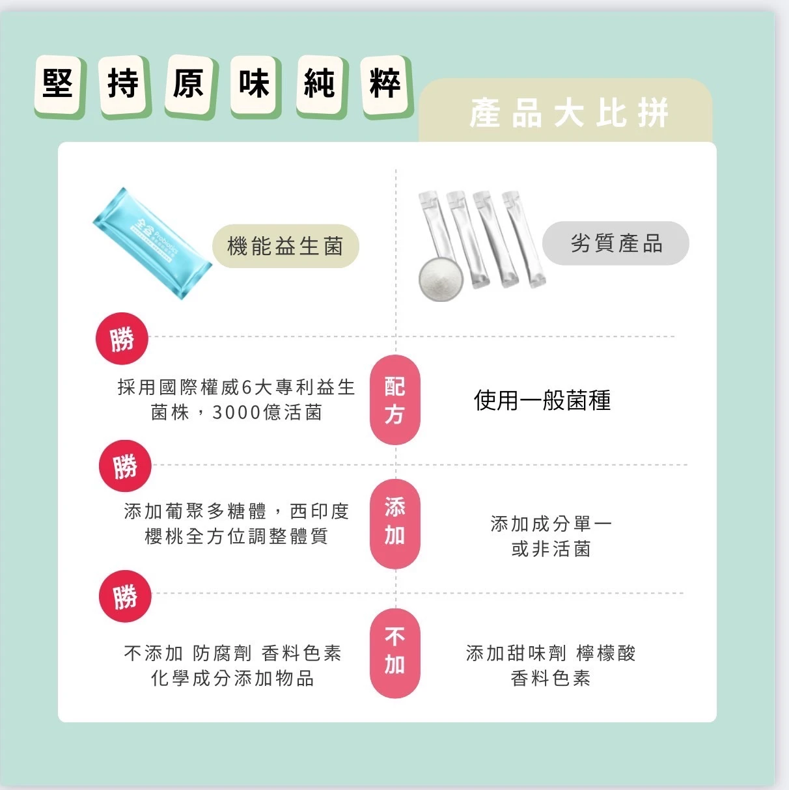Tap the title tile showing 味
click(x=255, y=86)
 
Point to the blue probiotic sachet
click(x=152, y=243)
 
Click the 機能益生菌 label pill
click(x=286, y=246)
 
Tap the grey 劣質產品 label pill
click(x=615, y=243)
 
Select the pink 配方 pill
click(x=394, y=400)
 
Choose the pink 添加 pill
click(x=394, y=523)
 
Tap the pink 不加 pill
click(x=394, y=653)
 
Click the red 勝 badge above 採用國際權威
click(x=122, y=338)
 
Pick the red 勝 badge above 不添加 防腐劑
click(x=125, y=596)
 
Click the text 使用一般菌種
click(x=542, y=401)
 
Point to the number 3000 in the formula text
click(x=236, y=413)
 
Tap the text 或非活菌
click(x=551, y=549)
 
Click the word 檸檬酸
click(x=605, y=653)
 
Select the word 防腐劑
click(x=222, y=653)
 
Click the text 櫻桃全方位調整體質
click(x=236, y=536)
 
